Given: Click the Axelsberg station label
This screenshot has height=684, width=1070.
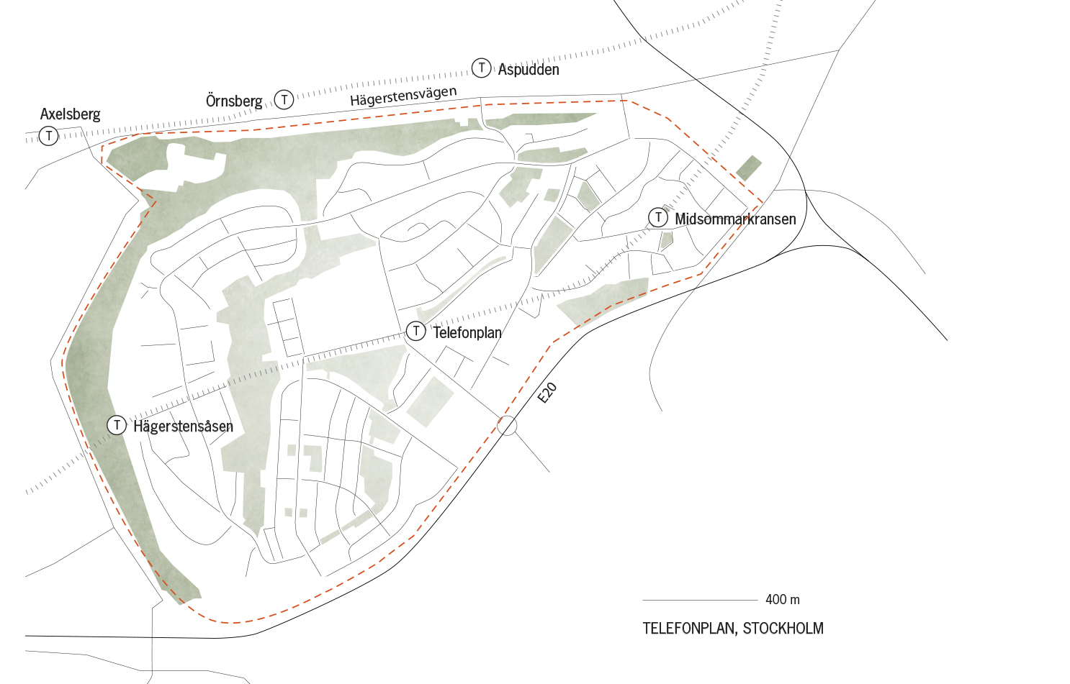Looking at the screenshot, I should point(70,114).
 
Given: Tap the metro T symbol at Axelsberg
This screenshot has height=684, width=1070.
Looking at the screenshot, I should point(48,135).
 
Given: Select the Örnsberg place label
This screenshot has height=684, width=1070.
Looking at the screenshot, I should point(234,101).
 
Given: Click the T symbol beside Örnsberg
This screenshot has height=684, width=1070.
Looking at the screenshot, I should point(284,99).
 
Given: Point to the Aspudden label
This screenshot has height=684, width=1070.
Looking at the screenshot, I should point(529,70).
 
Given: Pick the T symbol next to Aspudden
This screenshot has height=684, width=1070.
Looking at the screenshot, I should point(481,68).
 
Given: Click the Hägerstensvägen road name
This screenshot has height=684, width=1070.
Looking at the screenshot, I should point(403,96).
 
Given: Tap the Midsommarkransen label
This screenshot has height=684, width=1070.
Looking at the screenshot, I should point(735,219).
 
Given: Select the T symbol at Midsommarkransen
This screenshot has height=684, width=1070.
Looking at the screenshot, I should point(657,217).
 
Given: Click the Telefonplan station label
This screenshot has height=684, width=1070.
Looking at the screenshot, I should point(467,332).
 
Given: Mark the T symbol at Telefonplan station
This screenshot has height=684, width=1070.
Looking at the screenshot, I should point(416,331).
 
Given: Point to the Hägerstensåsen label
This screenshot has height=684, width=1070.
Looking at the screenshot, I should point(183,427).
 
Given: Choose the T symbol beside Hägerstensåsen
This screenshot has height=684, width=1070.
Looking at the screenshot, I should point(117,425).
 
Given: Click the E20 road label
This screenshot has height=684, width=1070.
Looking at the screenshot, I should point(547,393).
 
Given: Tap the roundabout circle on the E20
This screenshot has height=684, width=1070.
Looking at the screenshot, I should point(507,425).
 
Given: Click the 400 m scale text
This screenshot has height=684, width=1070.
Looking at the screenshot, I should point(782,600).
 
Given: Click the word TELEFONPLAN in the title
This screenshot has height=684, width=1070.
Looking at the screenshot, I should point(688,629).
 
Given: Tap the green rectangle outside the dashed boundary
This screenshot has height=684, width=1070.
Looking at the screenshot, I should point(749,168).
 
